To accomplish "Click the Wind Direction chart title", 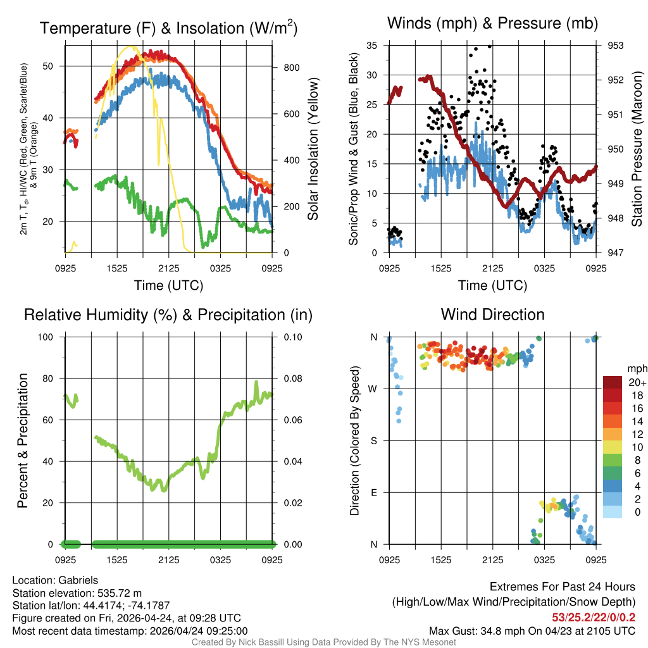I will click(x=492, y=315).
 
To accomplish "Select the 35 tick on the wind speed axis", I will click(x=372, y=46).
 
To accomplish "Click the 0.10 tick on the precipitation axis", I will click(x=292, y=337).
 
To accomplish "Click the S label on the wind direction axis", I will click(x=374, y=440).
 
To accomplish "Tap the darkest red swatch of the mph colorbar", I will click(x=613, y=382).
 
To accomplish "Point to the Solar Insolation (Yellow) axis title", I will click(x=313, y=149).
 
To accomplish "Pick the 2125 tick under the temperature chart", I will click(x=169, y=268).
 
